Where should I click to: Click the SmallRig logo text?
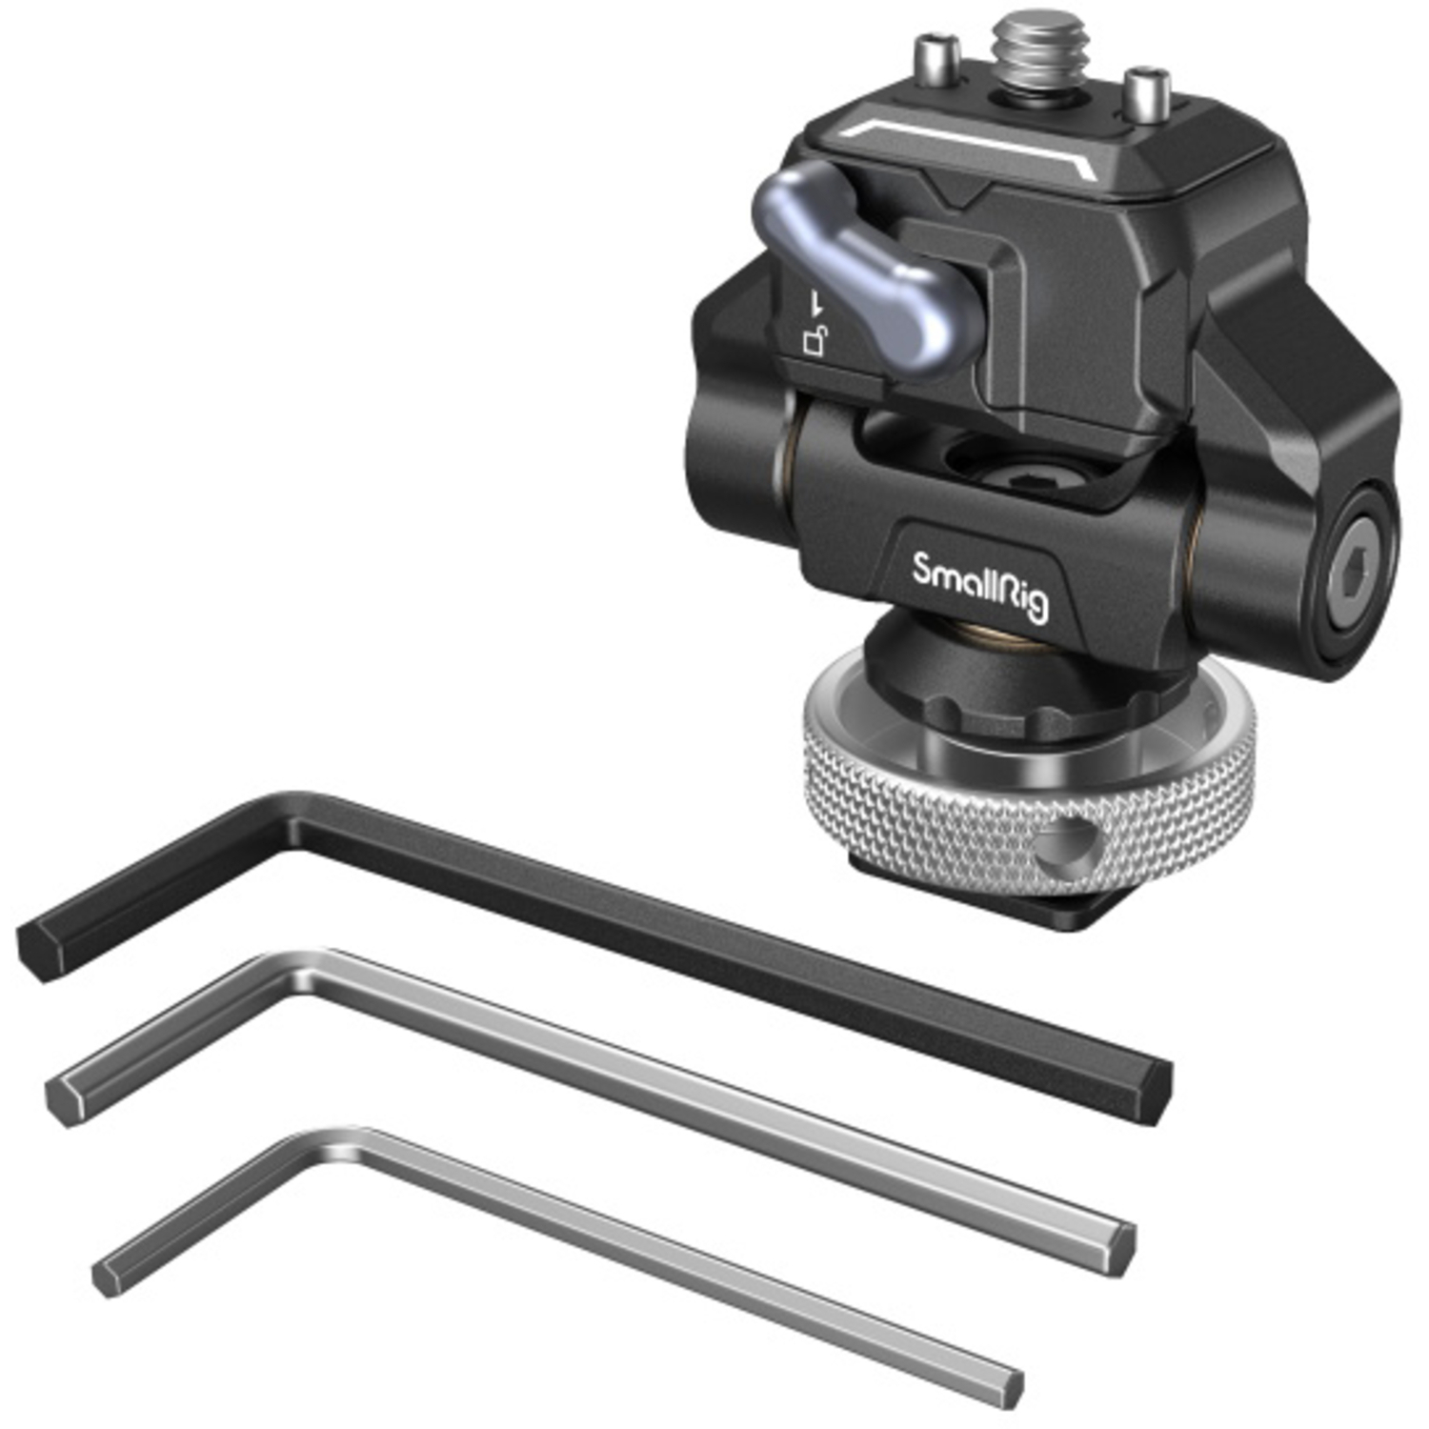pos(980,584)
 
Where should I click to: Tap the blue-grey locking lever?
pos(862,267)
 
